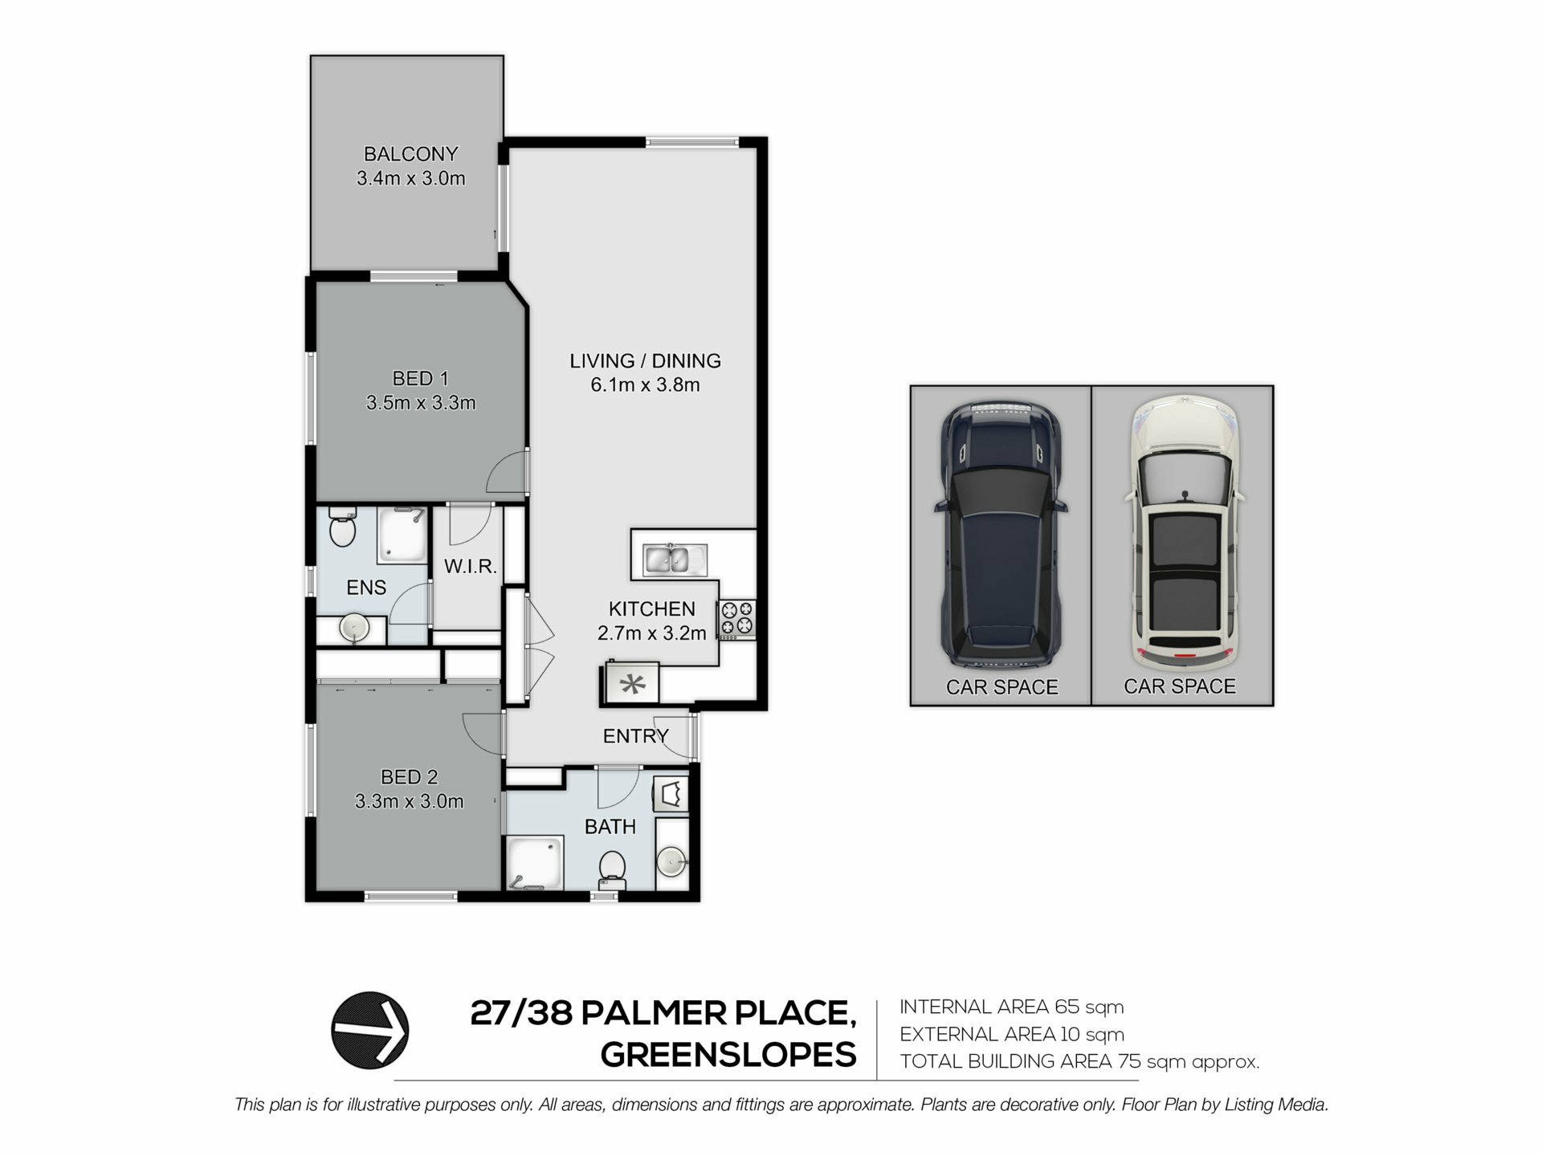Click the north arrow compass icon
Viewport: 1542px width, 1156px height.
click(370, 1030)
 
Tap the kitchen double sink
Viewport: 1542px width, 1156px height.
click(675, 560)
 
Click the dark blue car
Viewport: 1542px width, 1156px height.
click(1001, 534)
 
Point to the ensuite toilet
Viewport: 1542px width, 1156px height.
click(342, 527)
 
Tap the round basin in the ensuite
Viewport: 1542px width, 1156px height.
click(353, 628)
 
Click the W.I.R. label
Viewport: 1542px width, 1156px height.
click(471, 567)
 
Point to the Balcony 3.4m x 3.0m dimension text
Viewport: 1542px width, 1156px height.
click(411, 179)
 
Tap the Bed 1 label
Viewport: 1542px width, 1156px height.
click(420, 378)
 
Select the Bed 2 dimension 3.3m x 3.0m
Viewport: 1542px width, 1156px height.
click(410, 801)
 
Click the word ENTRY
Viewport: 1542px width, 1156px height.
click(636, 736)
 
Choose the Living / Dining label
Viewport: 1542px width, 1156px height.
click(645, 361)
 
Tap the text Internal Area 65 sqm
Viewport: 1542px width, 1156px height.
click(1011, 1007)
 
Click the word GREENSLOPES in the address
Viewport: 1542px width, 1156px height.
click(728, 1055)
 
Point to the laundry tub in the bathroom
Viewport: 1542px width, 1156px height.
click(671, 795)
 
